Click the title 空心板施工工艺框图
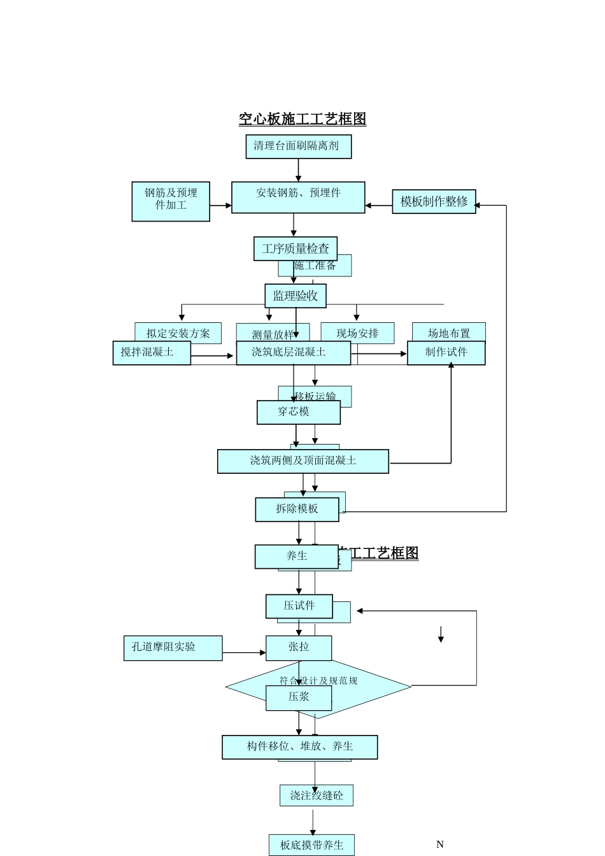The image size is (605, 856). pyautogui.click(x=302, y=119)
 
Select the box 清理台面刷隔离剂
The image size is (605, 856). pyautogui.click(x=298, y=146)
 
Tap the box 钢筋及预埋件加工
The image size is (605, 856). pyautogui.click(x=171, y=201)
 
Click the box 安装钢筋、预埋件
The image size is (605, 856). pyautogui.click(x=298, y=197)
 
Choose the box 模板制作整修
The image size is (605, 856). pyautogui.click(x=434, y=201)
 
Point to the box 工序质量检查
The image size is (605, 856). pyautogui.click(x=295, y=248)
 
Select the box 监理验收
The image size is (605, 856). pyautogui.click(x=295, y=296)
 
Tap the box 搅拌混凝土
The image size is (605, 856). pyautogui.click(x=152, y=353)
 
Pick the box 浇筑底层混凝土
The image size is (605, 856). pyautogui.click(x=293, y=353)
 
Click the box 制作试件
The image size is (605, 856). pyautogui.click(x=446, y=353)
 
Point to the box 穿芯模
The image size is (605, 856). pyautogui.click(x=298, y=412)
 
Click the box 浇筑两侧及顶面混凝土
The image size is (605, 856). pyautogui.click(x=302, y=461)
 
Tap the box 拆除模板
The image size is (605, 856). pyautogui.click(x=297, y=509)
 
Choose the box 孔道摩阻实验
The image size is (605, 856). pyautogui.click(x=173, y=648)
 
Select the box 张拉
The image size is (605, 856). pyautogui.click(x=299, y=648)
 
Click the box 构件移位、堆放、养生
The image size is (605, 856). pyautogui.click(x=299, y=747)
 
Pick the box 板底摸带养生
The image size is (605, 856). pyautogui.click(x=311, y=845)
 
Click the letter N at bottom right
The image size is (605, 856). pyautogui.click(x=439, y=845)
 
